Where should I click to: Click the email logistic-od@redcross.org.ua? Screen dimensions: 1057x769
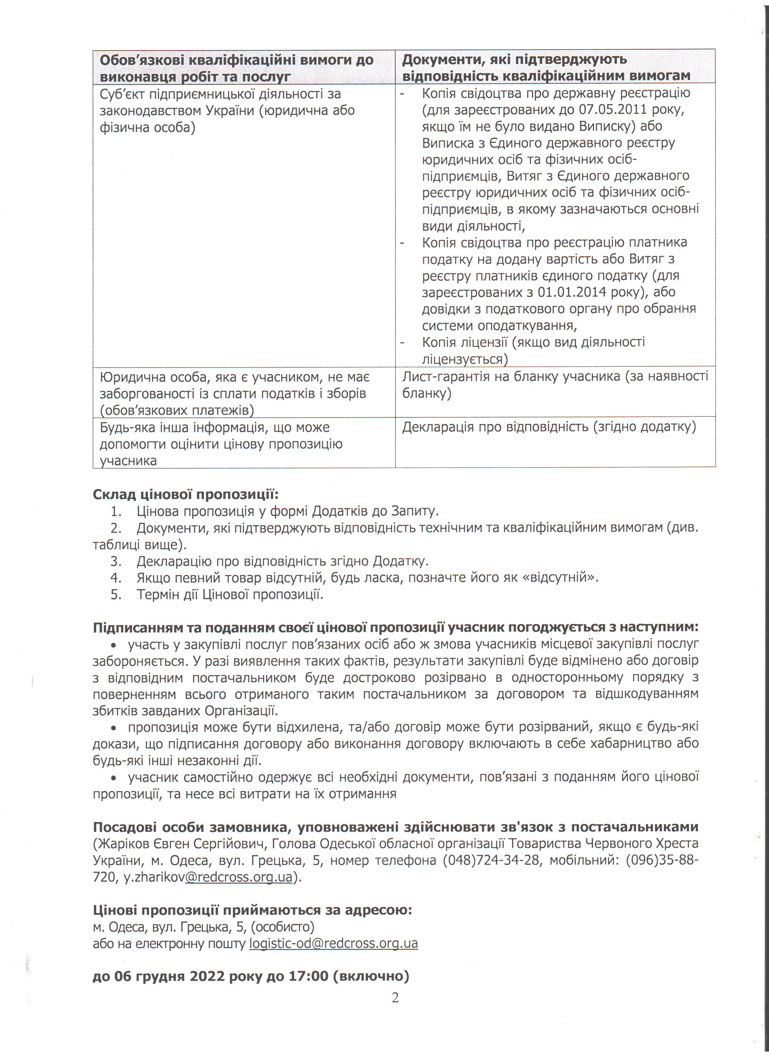(x=334, y=943)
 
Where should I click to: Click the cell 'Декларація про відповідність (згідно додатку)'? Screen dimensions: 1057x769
(x=549, y=427)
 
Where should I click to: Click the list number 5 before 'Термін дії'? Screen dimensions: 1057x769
(x=116, y=594)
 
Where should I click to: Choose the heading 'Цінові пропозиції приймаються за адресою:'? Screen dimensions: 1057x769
(x=252, y=910)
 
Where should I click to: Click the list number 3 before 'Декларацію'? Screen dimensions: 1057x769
(x=116, y=561)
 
